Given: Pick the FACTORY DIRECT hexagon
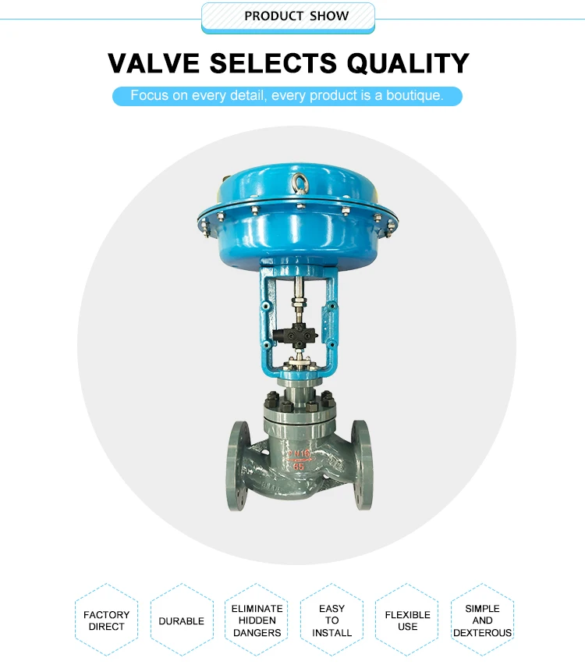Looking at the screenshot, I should tap(106, 620).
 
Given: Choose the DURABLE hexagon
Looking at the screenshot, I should tap(181, 620).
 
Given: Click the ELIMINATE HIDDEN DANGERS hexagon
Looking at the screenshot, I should tap(257, 620).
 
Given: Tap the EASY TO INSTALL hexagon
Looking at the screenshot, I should tap(331, 620).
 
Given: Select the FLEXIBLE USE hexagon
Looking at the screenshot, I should tap(407, 620).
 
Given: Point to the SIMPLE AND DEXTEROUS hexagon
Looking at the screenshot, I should tap(482, 620).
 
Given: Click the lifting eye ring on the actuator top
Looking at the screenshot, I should tap(300, 186).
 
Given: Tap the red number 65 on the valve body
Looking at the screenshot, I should tap(300, 464).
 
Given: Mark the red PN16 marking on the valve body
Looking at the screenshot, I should tap(299, 452).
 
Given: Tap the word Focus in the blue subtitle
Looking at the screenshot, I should tap(149, 96).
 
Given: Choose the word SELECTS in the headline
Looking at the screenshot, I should tap(277, 62).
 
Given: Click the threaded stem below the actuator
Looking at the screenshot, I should tap(299, 297).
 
